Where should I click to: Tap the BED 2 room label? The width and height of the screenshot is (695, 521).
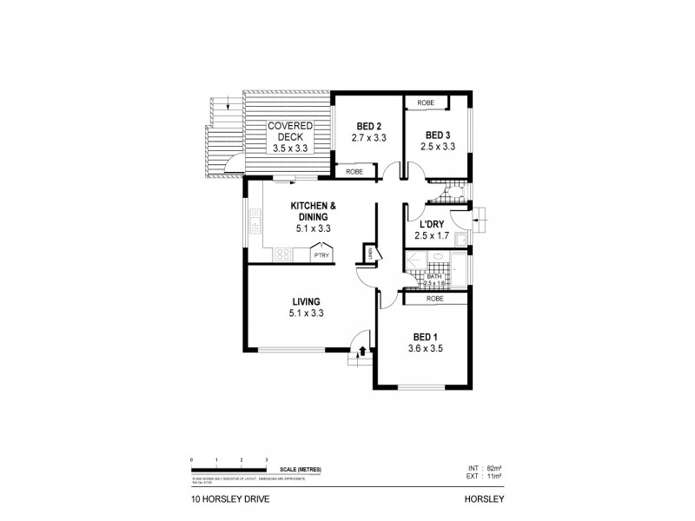[367, 125]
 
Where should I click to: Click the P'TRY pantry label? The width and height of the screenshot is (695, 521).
[321, 255]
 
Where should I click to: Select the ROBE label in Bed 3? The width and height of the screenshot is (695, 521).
[426, 102]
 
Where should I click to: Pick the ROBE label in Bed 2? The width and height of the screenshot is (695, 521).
[354, 172]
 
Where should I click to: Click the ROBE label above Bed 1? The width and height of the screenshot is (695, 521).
[435, 299]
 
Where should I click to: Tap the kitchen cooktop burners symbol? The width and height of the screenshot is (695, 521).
[282, 255]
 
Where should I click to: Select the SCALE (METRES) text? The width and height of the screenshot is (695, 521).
[301, 470]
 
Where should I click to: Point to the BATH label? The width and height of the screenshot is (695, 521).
[433, 276]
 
